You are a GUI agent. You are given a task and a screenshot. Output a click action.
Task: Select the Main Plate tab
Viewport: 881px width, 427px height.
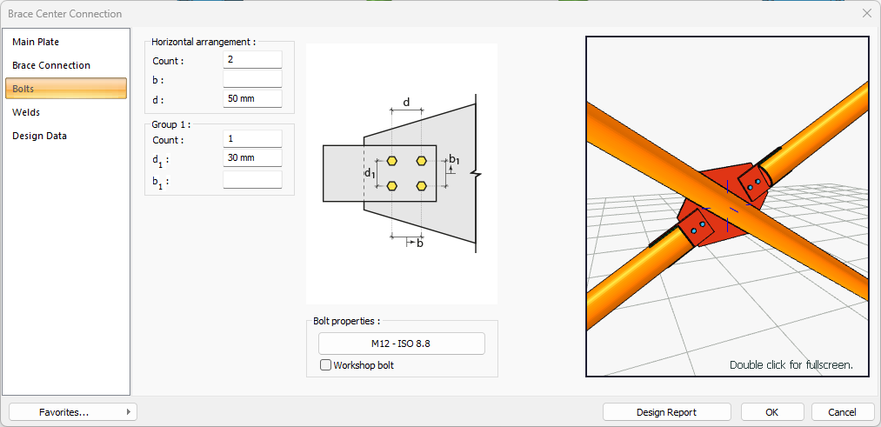pos(36,42)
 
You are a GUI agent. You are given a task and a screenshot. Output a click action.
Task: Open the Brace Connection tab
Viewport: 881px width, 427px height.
pos(51,65)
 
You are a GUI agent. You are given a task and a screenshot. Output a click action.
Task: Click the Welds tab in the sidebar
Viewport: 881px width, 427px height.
pos(26,112)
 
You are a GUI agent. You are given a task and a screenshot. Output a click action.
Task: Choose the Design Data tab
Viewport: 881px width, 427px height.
pos(39,136)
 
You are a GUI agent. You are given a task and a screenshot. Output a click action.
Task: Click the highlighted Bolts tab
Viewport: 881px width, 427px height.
pos(66,89)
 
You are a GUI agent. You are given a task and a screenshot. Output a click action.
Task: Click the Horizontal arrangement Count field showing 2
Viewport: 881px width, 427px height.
pos(252,60)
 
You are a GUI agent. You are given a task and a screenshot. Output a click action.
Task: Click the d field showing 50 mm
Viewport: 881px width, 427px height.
pos(252,98)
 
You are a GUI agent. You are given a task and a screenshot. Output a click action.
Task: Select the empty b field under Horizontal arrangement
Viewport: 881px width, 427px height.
pos(252,79)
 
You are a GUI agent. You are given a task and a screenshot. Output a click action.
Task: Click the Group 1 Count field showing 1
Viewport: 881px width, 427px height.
pos(252,139)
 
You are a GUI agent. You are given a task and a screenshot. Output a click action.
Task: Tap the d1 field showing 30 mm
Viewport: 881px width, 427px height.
pos(252,158)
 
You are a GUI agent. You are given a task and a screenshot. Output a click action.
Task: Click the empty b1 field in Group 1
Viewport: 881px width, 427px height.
pos(252,180)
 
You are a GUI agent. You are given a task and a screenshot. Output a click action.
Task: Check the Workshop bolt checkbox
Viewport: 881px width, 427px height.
pos(326,365)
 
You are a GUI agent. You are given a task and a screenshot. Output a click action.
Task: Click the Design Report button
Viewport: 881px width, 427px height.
pos(666,412)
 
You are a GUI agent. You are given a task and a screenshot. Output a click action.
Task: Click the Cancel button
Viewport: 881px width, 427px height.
pos(842,412)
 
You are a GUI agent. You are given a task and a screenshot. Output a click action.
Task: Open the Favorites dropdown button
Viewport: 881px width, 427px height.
pos(73,412)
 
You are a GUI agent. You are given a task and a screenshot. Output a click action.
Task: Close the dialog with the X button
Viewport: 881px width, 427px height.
pos(866,13)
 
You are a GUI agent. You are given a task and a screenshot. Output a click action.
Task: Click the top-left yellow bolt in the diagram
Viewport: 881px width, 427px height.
pos(392,161)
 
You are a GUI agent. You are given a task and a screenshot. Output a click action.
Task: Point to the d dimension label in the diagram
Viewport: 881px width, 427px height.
pos(406,103)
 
